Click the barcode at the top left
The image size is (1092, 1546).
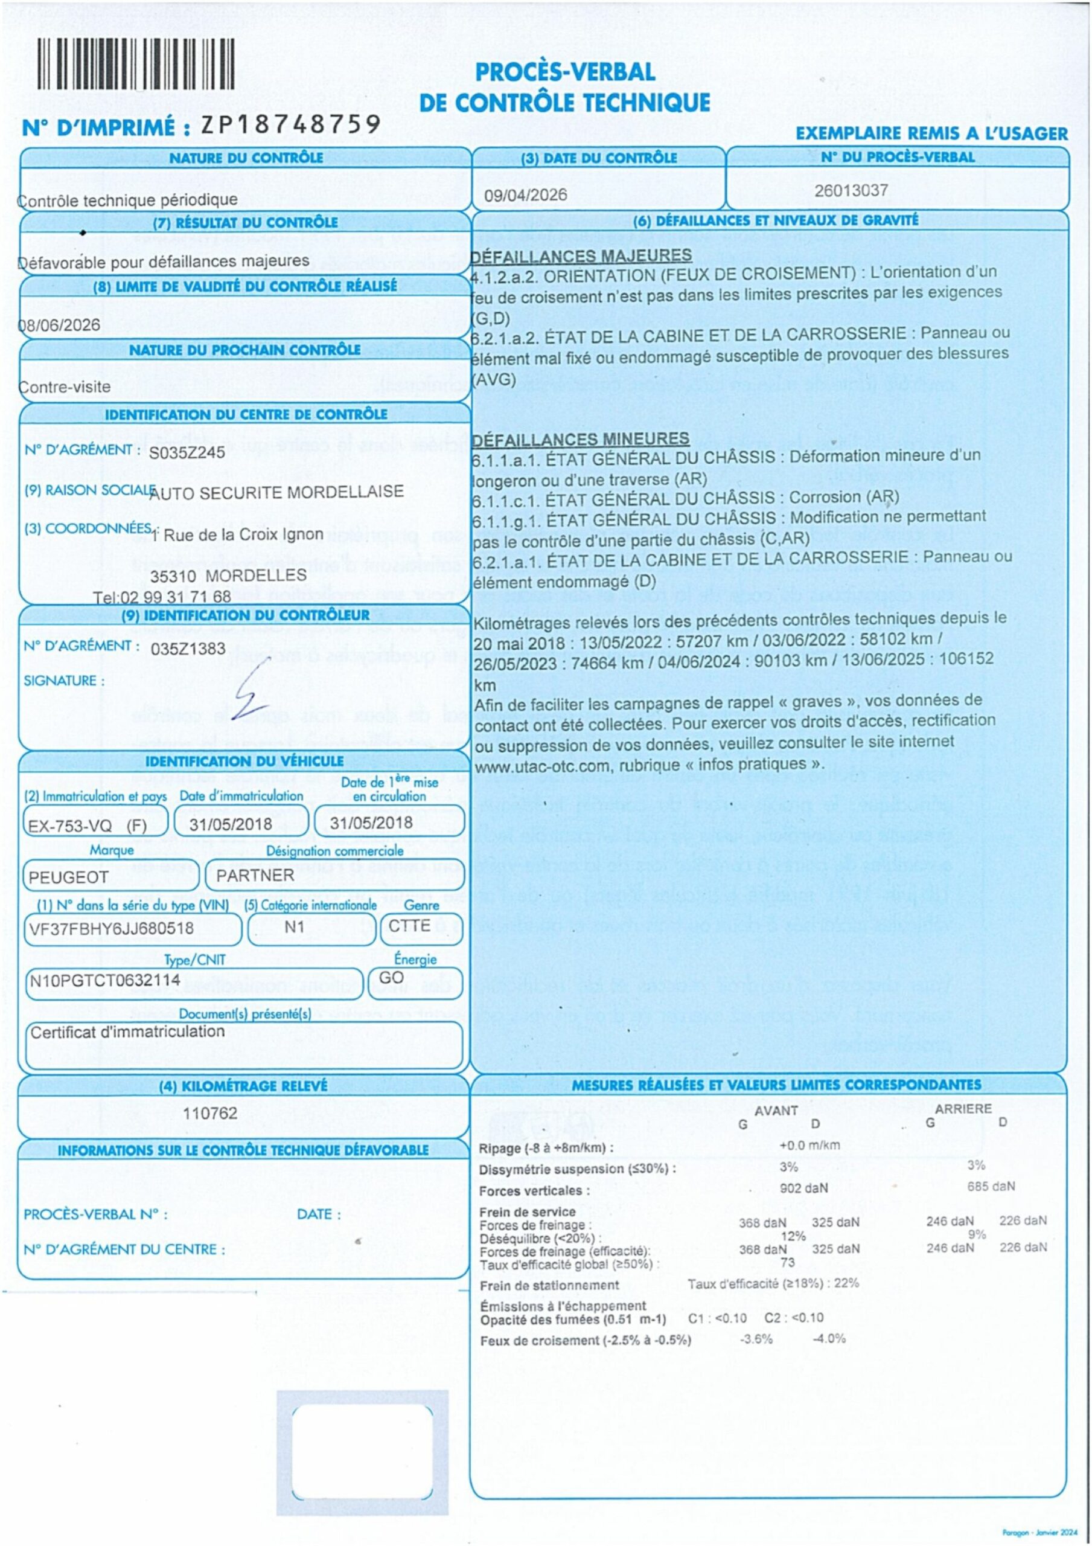(135, 64)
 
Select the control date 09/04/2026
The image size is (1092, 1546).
(525, 194)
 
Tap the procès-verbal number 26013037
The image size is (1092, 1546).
(851, 191)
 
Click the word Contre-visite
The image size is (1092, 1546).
(65, 387)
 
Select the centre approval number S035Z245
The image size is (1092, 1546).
(187, 452)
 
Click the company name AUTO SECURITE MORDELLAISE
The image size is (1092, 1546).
(276, 492)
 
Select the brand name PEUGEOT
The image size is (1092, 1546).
(68, 877)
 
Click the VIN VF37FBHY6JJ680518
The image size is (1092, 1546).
(111, 929)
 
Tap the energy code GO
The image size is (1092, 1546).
(391, 978)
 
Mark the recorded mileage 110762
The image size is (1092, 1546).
(210, 1113)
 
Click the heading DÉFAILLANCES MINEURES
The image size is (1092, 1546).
(580, 439)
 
